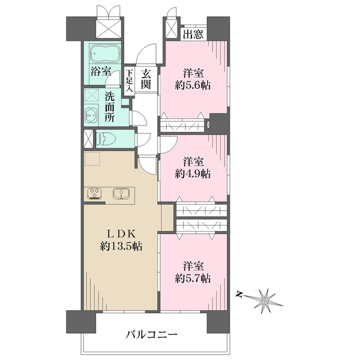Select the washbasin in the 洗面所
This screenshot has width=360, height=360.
pos(91,115)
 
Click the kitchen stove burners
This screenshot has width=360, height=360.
pos(95,193)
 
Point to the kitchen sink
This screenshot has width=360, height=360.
pos(121,193)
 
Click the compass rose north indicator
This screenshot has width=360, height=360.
pos(240,295)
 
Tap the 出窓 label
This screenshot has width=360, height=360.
pos(193,34)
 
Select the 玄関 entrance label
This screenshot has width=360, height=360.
pos(146,79)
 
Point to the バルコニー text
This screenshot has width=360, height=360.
pos(152,335)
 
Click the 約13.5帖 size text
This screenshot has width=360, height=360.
pos(121,247)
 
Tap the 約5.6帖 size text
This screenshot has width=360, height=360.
pos(193,86)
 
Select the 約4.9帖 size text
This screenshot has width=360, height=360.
pos(193,174)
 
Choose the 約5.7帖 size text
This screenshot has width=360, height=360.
pos(193,279)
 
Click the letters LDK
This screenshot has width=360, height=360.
pos(121,234)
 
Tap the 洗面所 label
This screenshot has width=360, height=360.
pos(110,107)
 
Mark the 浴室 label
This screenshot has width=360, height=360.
pos(101,71)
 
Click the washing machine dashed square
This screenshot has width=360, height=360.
pos(92,95)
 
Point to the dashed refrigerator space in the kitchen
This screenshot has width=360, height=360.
pos(92,158)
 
